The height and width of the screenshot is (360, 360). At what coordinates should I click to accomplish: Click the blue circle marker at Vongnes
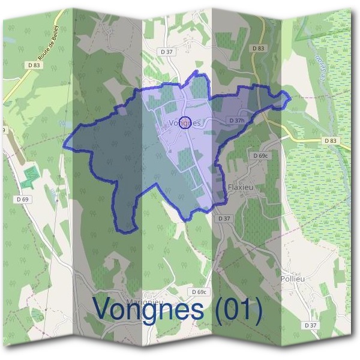185,122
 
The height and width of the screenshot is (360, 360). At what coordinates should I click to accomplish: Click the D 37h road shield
237,121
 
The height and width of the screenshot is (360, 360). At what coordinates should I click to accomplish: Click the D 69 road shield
23,199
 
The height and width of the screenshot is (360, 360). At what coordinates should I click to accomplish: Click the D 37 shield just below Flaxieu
224,218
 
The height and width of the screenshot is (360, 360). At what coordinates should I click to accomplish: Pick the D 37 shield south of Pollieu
310,325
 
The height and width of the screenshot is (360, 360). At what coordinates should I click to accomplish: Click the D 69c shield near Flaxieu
260,156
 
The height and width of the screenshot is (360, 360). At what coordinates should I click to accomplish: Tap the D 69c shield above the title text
200,292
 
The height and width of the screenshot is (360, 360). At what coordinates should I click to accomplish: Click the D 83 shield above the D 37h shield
258,48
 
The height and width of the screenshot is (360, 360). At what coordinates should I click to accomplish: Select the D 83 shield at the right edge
331,140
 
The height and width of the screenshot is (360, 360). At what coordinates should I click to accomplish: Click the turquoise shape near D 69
28,178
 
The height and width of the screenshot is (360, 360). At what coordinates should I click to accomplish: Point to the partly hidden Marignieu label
142,300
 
